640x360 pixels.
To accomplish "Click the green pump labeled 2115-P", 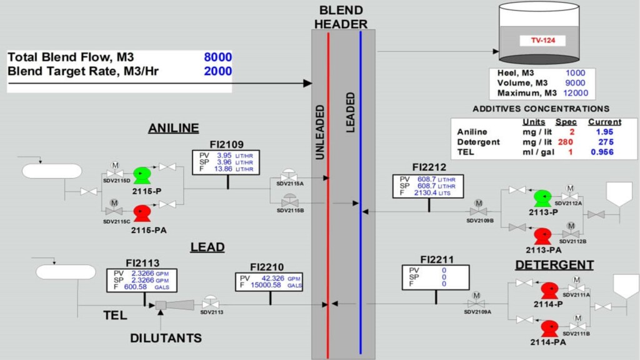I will click(x=142, y=174).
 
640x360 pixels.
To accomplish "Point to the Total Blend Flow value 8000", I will click(x=217, y=57).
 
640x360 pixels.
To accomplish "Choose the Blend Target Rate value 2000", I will click(x=217, y=71).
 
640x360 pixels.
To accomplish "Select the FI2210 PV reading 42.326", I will click(x=273, y=278).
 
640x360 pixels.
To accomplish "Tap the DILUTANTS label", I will click(x=166, y=338).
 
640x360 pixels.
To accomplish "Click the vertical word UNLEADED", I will click(x=320, y=132).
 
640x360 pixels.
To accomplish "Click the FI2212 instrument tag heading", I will click(x=429, y=167).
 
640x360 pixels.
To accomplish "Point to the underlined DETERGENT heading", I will click(x=554, y=265).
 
